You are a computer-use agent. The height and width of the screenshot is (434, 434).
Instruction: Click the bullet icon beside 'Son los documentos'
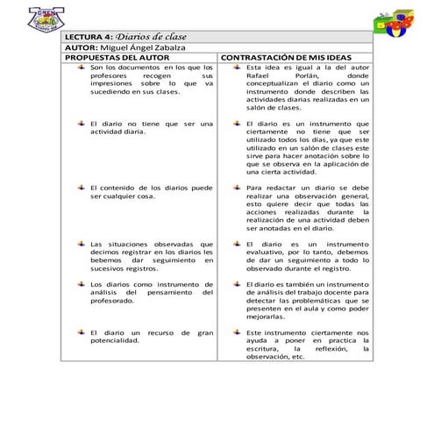point(80,67)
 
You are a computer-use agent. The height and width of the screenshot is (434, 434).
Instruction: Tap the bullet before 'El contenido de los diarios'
point(80,187)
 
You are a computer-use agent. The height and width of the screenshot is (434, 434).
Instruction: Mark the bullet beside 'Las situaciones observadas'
point(80,243)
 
